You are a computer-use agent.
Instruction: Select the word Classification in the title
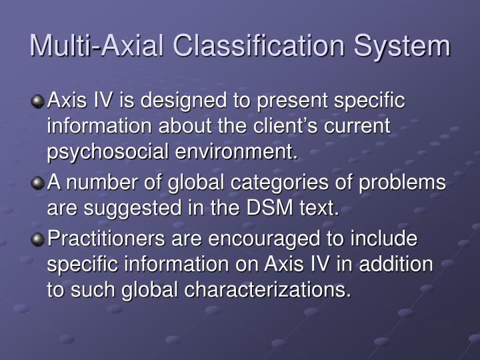coord(261,45)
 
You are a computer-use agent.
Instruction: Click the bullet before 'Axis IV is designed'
coord(39,102)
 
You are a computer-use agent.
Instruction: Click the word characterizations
coord(259,291)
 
